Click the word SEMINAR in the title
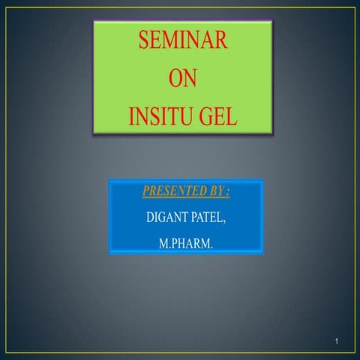(182, 41)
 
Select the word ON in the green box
(182, 79)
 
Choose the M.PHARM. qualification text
(186, 244)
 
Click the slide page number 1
(338, 343)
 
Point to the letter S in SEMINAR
(143, 41)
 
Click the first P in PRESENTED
(145, 192)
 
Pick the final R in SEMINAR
(220, 41)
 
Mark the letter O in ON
(174, 79)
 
